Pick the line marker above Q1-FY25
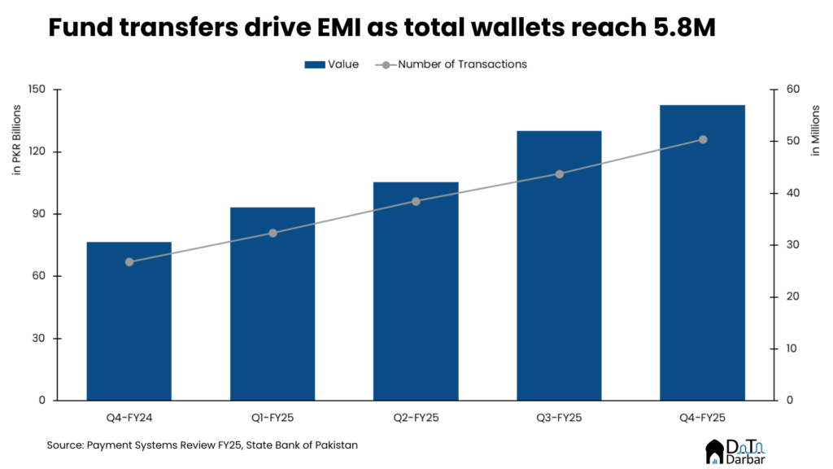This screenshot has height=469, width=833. pos(273,233)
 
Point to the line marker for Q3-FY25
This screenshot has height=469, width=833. pos(559,173)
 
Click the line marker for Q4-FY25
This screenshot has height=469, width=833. pos(703,139)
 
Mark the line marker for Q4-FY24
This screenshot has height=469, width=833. pos(129,261)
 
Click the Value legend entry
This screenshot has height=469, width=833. pos(331,64)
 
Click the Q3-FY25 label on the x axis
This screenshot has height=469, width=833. pos(559,417)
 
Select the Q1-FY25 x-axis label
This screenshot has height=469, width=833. pos(273,417)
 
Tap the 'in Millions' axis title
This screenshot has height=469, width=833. pos(816,130)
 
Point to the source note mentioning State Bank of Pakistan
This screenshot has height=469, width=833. pos(202,445)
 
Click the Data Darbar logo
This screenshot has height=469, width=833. pos(740,451)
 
